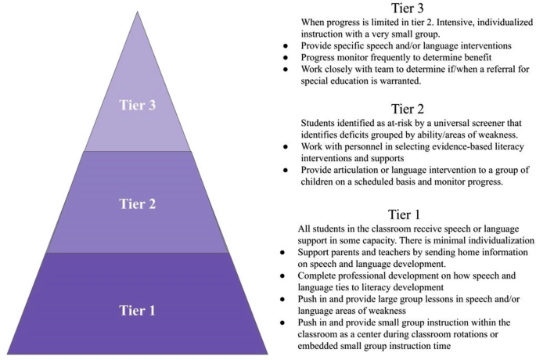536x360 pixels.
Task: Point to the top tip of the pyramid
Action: [138, 10]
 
